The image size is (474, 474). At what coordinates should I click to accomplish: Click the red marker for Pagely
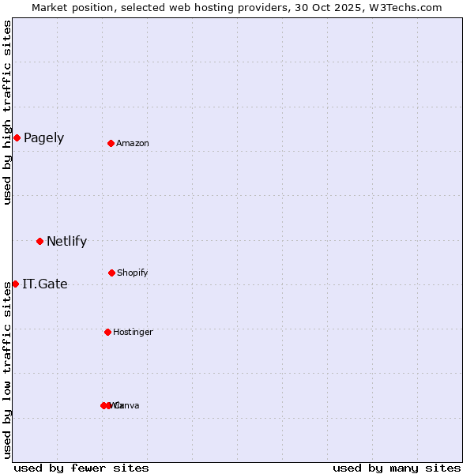pyautogui.click(x=17, y=138)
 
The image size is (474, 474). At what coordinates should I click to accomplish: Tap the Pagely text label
pyautogui.click(x=43, y=138)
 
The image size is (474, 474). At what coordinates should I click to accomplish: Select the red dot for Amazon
pyautogui.click(x=111, y=143)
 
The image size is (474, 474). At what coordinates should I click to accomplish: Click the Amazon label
pyautogui.click(x=133, y=144)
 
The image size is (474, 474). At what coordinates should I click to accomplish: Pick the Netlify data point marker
pyautogui.click(x=39, y=241)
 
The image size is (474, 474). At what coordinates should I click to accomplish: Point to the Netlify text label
pyautogui.click(x=66, y=242)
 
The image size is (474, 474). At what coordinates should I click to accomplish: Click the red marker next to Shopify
pyautogui.click(x=111, y=273)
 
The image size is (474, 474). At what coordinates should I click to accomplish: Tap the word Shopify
pyautogui.click(x=133, y=273)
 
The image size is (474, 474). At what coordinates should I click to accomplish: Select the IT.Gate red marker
pyautogui.click(x=15, y=284)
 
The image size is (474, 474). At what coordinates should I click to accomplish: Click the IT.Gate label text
pyautogui.click(x=45, y=284)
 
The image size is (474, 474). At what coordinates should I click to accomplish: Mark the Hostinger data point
pyautogui.click(x=107, y=332)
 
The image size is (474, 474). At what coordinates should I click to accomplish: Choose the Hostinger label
pyautogui.click(x=133, y=333)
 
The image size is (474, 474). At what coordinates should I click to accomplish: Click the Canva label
pyautogui.click(x=127, y=406)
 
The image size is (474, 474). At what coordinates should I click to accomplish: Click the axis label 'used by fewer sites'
pyautogui.click(x=81, y=468)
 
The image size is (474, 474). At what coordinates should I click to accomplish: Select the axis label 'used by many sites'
pyautogui.click(x=397, y=468)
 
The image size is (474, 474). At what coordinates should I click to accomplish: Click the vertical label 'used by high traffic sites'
pyautogui.click(x=8, y=112)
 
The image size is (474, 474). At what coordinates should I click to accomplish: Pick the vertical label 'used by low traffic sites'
pyautogui.click(x=8, y=370)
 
